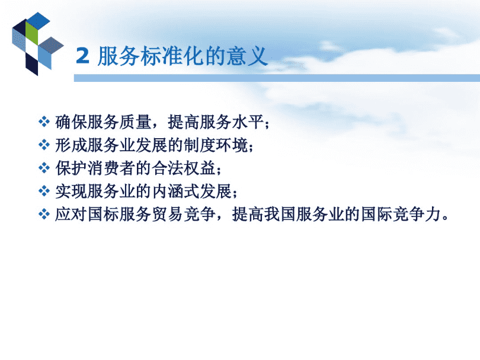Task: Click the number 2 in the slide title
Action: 82,56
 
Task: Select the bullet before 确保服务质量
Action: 44,122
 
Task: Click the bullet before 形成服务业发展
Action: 44,145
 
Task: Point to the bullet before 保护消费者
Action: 44,168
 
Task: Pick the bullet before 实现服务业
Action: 44,191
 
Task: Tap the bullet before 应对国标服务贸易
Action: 44,214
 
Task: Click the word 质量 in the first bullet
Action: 135,122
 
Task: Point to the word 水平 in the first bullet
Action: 248,122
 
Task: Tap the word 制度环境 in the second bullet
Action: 216,145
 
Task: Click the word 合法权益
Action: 184,168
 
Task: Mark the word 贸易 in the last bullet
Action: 168,214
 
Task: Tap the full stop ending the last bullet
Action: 445,218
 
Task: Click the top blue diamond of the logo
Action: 39,20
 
